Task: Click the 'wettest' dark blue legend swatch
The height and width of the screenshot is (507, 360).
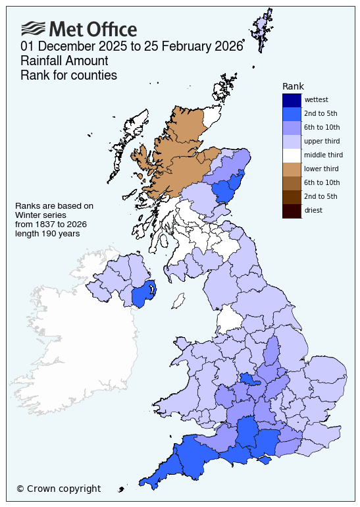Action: click(x=292, y=100)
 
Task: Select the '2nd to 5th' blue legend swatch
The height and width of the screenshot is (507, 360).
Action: click(x=292, y=114)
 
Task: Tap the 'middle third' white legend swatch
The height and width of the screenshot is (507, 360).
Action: click(x=292, y=155)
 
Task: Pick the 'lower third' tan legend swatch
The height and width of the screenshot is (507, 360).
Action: click(x=292, y=169)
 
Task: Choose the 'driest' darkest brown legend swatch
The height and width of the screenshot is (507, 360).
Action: click(x=292, y=211)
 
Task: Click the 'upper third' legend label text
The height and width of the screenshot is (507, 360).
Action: click(x=322, y=142)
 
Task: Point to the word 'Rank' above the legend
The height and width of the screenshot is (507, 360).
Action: click(x=293, y=86)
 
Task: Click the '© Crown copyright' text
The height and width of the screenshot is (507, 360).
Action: click(x=59, y=489)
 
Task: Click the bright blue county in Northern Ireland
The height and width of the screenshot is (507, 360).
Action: click(x=144, y=294)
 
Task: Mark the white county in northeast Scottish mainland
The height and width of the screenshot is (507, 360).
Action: click(x=211, y=117)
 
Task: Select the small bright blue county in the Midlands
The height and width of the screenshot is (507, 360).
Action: click(x=249, y=379)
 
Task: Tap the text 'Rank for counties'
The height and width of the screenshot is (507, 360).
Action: click(x=68, y=76)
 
